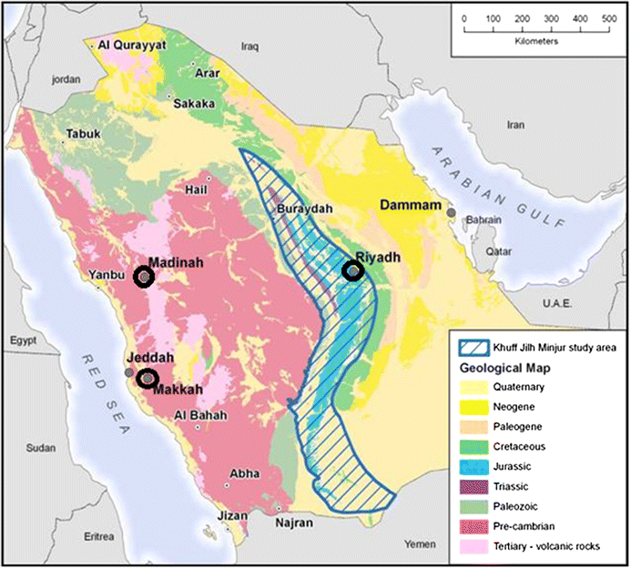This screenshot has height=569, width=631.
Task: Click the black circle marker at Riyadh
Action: coord(353,270)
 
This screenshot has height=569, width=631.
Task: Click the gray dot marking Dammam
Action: coord(451,212)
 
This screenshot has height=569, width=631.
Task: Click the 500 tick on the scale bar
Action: coord(608,19)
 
